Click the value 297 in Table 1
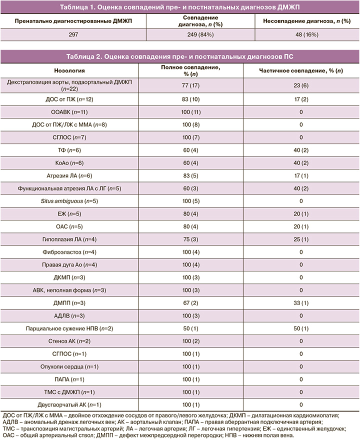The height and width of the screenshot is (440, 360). [x=74, y=34]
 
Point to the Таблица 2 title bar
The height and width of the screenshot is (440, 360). [x=180, y=55]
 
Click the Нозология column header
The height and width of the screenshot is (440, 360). [x=74, y=70]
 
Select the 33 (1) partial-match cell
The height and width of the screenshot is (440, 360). [x=301, y=303]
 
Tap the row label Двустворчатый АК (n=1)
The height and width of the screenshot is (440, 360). [x=74, y=404]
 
